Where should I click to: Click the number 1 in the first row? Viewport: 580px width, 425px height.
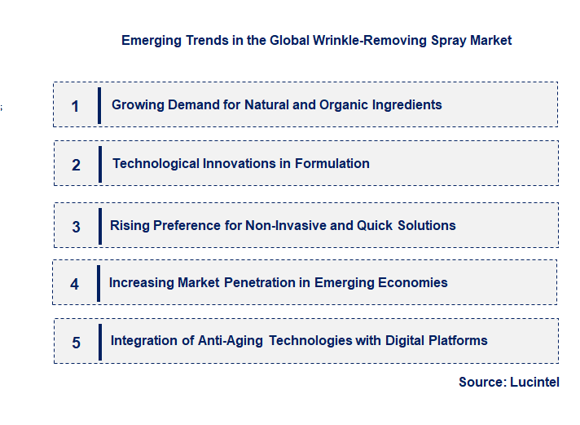point(75,106)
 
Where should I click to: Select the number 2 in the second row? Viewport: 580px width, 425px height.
point(76,165)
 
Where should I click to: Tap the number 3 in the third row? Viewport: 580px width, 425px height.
point(76,227)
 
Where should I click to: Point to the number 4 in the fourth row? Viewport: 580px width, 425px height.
point(75,284)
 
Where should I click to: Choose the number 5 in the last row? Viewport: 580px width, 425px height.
point(76,343)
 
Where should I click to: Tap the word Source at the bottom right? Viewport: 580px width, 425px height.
point(481,382)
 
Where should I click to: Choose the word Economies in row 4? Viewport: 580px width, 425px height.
point(414,282)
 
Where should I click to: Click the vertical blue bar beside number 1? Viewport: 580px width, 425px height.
point(99,105)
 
